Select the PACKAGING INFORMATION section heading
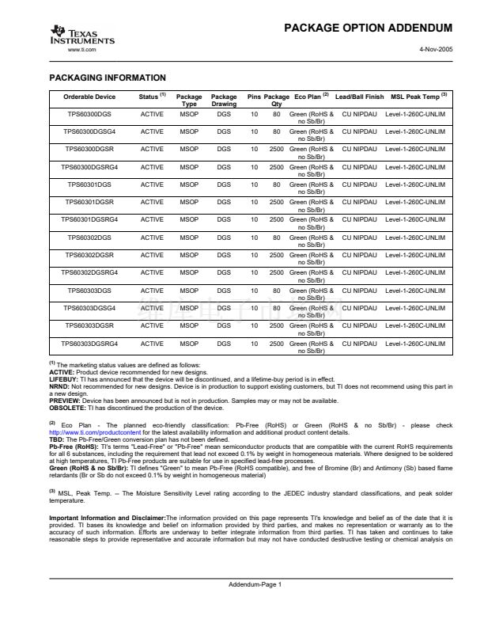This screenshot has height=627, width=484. coord(108,78)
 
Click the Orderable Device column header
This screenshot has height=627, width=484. coord(89,97)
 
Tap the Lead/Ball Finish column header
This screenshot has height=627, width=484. coord(359,97)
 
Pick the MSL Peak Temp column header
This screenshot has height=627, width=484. coord(419,97)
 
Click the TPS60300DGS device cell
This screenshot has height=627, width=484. coord(89,113)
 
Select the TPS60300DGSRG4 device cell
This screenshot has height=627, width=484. coord(89,166)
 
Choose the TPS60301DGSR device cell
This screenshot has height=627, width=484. coord(89,202)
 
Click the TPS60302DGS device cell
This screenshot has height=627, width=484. coord(89,237)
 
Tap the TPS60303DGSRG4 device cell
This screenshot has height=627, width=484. coord(89,344)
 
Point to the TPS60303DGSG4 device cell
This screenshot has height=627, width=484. coord(89,308)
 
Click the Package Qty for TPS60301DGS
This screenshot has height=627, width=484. coord(277,184)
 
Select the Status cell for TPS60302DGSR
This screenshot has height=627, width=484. coord(152,255)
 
